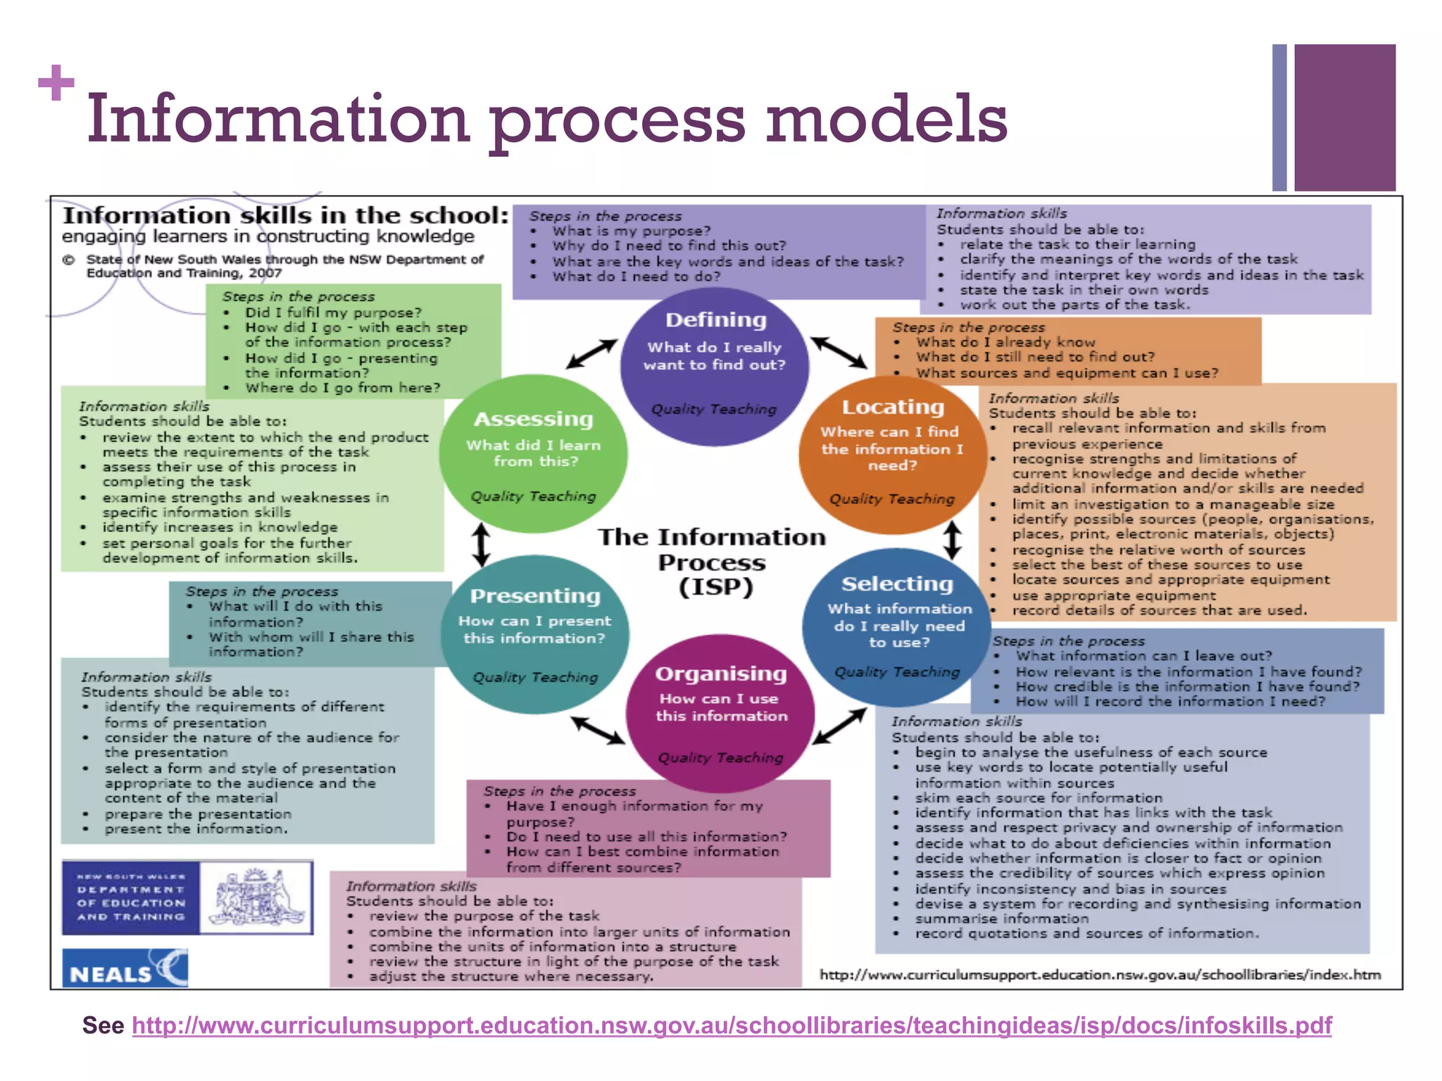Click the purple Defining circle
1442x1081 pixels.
tap(715, 366)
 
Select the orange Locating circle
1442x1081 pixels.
tap(892, 455)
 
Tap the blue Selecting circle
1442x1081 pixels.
tap(897, 626)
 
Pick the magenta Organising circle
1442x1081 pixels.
tap(720, 714)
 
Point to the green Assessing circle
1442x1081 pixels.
tap(533, 453)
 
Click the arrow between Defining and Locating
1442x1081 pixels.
tap(839, 352)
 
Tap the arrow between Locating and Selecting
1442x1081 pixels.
tap(952, 540)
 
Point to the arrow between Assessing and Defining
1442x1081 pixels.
tap(592, 353)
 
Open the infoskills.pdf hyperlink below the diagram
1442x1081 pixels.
tap(732, 1025)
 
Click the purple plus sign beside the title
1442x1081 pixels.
tap(56, 83)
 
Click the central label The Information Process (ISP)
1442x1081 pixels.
tap(713, 562)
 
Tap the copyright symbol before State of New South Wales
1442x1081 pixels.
tap(69, 260)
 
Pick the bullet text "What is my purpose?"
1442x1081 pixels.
tap(631, 231)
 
